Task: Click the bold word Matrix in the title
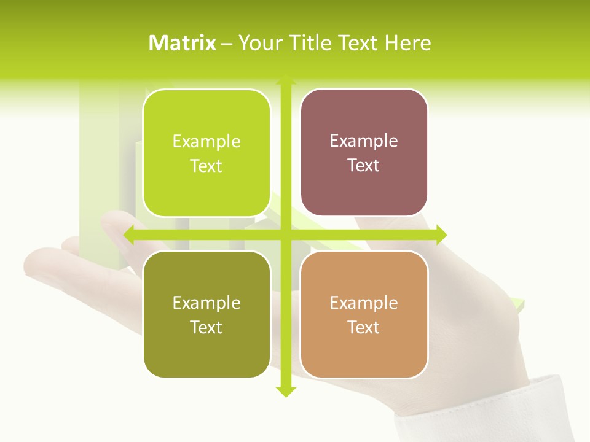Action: point(183,43)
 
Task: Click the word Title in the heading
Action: point(312,43)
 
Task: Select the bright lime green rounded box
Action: point(206,153)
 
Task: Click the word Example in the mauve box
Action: point(364,141)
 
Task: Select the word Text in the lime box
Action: point(206,166)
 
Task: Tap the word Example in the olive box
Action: point(206,303)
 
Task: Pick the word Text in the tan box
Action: point(364,328)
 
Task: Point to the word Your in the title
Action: point(258,43)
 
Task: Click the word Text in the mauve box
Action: point(364,166)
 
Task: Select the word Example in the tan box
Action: point(364,303)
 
